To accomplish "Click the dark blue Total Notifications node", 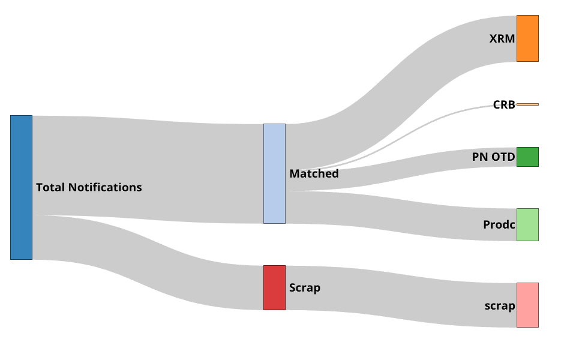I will pyautogui.click(x=21, y=187).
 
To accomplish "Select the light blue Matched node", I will pyautogui.click(x=274, y=173).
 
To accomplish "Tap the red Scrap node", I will pyautogui.click(x=274, y=287).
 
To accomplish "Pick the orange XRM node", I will pyautogui.click(x=527, y=38).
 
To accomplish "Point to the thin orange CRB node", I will pyautogui.click(x=527, y=104).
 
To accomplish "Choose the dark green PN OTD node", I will pyautogui.click(x=527, y=157).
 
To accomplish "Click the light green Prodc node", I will pyautogui.click(x=527, y=224).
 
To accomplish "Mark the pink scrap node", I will pyautogui.click(x=527, y=305).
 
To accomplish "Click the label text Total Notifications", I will pyautogui.click(x=89, y=187).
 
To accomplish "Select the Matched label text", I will pyautogui.click(x=314, y=174).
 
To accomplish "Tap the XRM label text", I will pyautogui.click(x=502, y=39).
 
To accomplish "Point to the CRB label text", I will pyautogui.click(x=504, y=104).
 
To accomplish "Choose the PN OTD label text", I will pyautogui.click(x=493, y=157).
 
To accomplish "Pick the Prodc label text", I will pyautogui.click(x=499, y=225).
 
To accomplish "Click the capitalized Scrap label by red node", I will pyautogui.click(x=305, y=287).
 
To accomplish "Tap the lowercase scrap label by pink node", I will pyautogui.click(x=500, y=306).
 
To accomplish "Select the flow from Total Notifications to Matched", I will pyautogui.click(x=150, y=168).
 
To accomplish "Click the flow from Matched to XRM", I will pyautogui.click(x=396, y=90).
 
